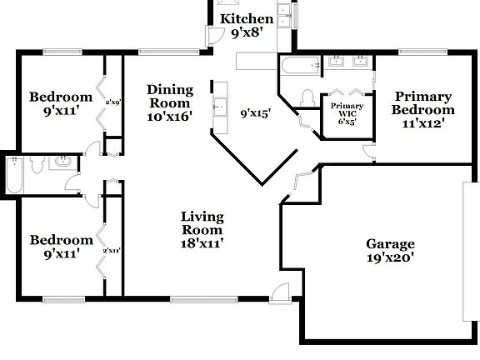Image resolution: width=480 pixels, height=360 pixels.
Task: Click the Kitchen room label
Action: pyautogui.click(x=246, y=18)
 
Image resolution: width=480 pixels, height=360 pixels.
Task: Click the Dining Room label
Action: pyautogui.click(x=170, y=96)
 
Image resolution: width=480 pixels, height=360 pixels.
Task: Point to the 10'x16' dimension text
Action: pyautogui.click(x=170, y=117)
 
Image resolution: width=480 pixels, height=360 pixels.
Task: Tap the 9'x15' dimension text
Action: pyautogui.click(x=256, y=113)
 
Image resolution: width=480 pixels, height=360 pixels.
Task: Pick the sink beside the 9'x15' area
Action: pyautogui.click(x=221, y=107)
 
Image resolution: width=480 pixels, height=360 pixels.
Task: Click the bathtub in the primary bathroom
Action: pyautogui.click(x=299, y=64)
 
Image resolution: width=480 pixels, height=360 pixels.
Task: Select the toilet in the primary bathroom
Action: pyautogui.click(x=307, y=97)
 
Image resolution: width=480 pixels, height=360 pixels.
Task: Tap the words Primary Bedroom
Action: pyautogui.click(x=424, y=102)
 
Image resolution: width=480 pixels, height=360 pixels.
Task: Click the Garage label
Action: pyautogui.click(x=390, y=244)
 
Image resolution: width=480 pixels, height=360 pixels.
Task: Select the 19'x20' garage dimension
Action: pyautogui.click(x=390, y=258)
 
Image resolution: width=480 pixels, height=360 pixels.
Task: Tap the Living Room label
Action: pyautogui.click(x=202, y=223)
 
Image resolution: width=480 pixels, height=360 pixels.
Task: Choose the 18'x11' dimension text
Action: pyautogui.click(x=202, y=242)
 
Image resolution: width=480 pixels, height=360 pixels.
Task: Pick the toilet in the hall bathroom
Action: pyautogui.click(x=35, y=166)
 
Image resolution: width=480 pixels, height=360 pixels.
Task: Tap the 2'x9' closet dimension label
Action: pyautogui.click(x=113, y=102)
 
